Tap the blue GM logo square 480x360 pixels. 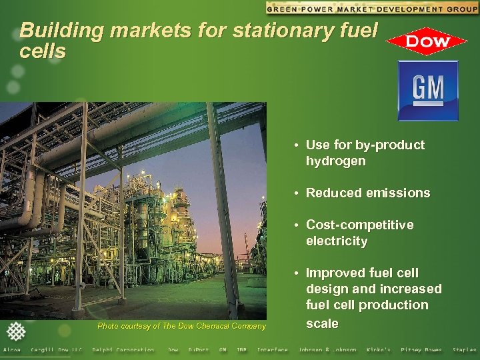(428, 91)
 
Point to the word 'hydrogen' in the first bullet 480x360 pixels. (335, 161)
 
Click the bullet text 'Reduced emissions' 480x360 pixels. (367, 193)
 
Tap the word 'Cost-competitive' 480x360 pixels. (359, 225)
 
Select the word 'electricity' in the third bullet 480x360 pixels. (337, 241)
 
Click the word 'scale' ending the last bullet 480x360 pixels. (322, 323)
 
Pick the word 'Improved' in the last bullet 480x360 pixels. (333, 273)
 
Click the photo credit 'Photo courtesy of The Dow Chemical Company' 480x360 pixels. (181, 325)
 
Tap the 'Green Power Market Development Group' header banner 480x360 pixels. (371, 8)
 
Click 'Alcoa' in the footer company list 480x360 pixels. (12, 350)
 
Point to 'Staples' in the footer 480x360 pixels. (464, 350)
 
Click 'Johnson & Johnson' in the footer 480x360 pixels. (327, 350)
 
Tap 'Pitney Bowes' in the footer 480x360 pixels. (421, 350)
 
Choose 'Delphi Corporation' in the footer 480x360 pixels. (123, 350)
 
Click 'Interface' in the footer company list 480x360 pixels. (273, 350)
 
